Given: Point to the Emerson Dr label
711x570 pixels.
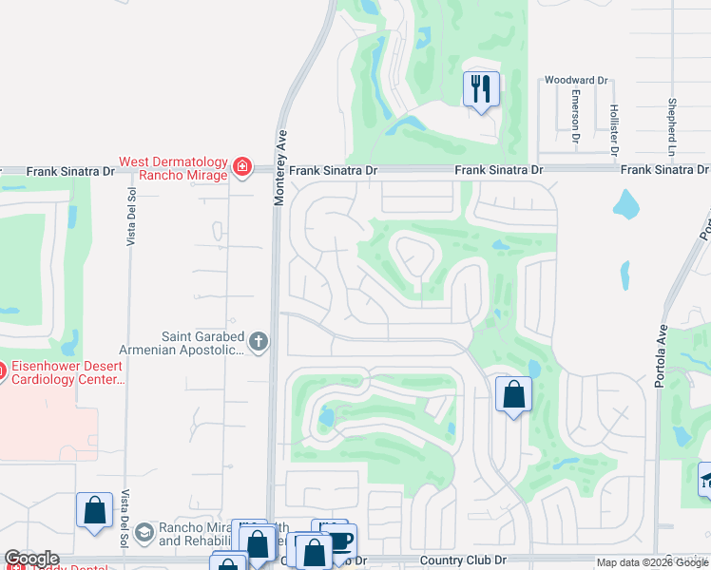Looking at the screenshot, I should coord(576,117).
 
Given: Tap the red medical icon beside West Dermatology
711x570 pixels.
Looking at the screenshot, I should coord(241,168).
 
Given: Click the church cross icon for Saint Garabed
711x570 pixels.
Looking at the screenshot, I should coord(258,341).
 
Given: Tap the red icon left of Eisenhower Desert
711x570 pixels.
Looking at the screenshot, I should coord(1,370).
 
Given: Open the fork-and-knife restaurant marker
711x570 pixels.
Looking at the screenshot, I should coord(481,89).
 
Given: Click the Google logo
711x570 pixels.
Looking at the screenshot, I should coord(31,559).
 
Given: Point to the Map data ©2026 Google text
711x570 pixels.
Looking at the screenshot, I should coord(652,562).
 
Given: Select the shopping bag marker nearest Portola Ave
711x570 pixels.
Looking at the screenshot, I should coord(513,394).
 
